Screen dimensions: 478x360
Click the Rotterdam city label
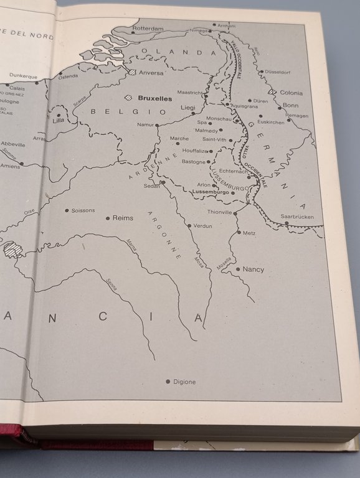pyautogui.click(x=148, y=29)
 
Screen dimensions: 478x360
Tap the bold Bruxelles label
pyautogui.click(x=154, y=98)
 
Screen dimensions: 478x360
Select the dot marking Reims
pyautogui.click(x=107, y=218)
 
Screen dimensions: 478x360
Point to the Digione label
pyautogui.click(x=184, y=382)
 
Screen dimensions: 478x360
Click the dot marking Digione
pyautogui.click(x=168, y=382)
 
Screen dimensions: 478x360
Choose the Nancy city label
pyautogui.click(x=253, y=269)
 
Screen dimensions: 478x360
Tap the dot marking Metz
pyautogui.click(x=239, y=233)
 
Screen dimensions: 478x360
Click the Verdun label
pyautogui.click(x=203, y=226)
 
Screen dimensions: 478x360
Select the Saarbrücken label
pyautogui.click(x=297, y=217)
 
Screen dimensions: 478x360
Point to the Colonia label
pyautogui.click(x=291, y=93)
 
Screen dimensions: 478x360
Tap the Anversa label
pyautogui.click(x=151, y=73)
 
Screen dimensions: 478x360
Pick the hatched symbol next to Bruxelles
pyautogui.click(x=129, y=98)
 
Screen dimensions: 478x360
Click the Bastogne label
pyautogui.click(x=193, y=162)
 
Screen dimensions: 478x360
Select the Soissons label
pyautogui.click(x=83, y=210)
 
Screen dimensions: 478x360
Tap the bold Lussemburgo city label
pyautogui.click(x=212, y=192)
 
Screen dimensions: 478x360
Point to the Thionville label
pyautogui.click(x=219, y=212)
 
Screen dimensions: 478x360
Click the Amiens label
pyautogui.click(x=10, y=166)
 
